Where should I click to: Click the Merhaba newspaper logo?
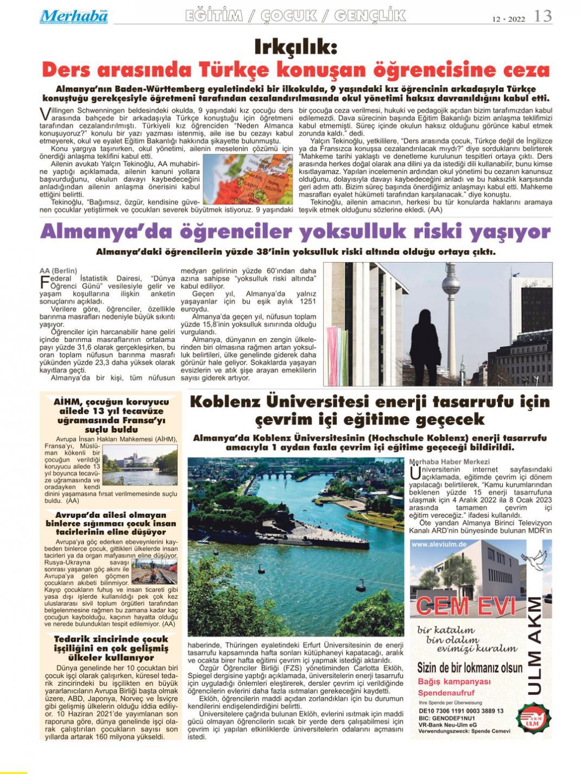[x=74, y=16]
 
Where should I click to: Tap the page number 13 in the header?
[x=543, y=17]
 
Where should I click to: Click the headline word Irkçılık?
[x=296, y=48]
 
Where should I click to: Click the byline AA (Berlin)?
[x=59, y=270]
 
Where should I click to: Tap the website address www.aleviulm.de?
[x=440, y=544]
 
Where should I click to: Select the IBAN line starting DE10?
[x=461, y=710]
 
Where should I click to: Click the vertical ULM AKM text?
[x=534, y=646]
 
